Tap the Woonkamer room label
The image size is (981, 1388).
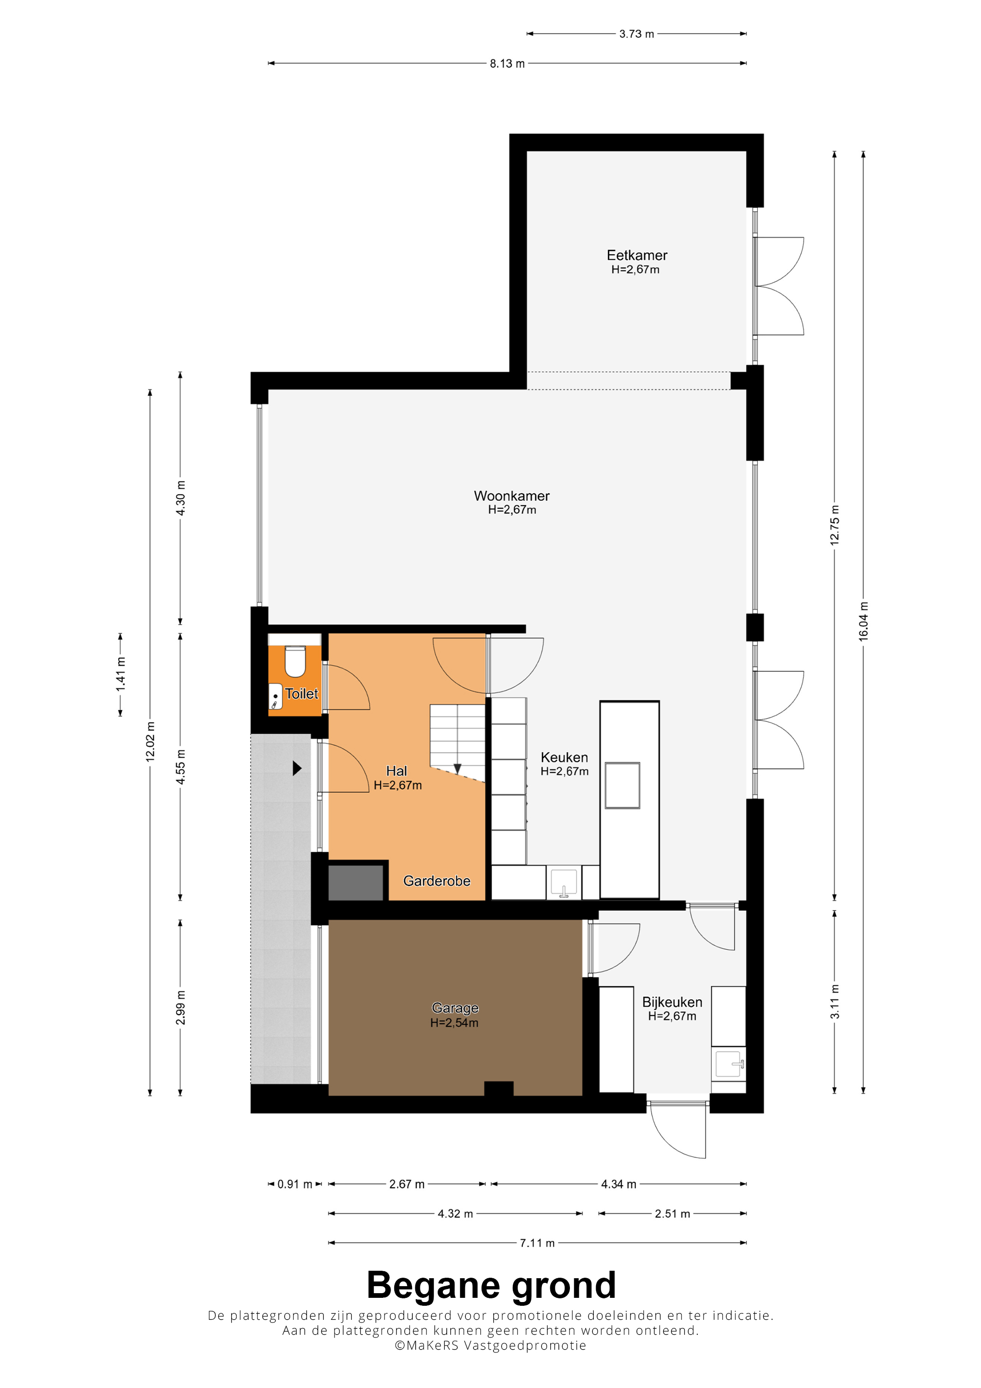click(x=512, y=496)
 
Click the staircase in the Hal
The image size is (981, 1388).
click(x=457, y=743)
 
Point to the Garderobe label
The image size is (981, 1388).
click(x=436, y=881)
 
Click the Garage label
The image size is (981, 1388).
click(x=455, y=1008)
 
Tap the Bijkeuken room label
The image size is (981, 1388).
click(x=672, y=1002)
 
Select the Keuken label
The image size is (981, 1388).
click(x=564, y=757)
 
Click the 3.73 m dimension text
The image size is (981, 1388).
click(x=636, y=34)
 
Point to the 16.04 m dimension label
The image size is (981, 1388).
click(x=863, y=621)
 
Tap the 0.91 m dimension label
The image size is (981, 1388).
click(x=295, y=1184)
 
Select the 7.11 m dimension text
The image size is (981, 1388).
click(x=537, y=1243)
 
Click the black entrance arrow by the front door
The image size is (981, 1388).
click(x=297, y=768)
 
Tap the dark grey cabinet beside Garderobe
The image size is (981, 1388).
click(x=355, y=883)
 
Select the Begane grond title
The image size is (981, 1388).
click(x=491, y=1285)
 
